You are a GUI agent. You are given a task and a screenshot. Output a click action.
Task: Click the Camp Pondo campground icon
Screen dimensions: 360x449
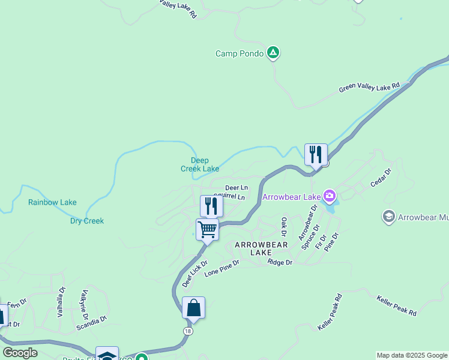click(x=273, y=53)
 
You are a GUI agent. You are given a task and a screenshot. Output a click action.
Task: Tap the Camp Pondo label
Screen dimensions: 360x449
click(x=240, y=53)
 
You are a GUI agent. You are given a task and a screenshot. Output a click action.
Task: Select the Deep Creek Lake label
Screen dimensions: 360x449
click(x=200, y=164)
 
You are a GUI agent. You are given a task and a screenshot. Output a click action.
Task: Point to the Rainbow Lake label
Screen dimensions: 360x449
click(x=52, y=202)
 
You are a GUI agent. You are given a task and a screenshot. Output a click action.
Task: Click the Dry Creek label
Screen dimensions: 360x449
click(x=86, y=221)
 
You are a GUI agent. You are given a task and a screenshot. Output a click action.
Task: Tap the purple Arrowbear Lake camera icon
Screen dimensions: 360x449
click(x=329, y=196)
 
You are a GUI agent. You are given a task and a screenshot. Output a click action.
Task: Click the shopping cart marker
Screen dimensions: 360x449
click(x=207, y=229)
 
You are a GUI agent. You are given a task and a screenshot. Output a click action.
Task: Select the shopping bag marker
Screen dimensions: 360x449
click(x=193, y=308)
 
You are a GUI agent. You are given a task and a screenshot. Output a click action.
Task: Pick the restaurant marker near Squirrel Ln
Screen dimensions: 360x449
click(x=211, y=206)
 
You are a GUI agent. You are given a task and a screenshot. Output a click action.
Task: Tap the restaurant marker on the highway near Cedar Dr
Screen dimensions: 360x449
click(x=316, y=155)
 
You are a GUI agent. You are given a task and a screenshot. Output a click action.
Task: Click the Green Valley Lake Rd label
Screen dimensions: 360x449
click(x=369, y=88)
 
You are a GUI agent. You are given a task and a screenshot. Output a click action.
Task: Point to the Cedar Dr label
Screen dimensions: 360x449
click(x=381, y=178)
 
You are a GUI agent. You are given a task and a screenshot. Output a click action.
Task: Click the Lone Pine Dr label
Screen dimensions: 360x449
click(x=221, y=267)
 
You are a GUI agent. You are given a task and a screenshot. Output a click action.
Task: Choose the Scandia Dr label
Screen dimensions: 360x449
click(x=91, y=325)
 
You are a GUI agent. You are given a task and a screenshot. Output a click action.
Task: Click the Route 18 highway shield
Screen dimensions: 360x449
click(x=188, y=331)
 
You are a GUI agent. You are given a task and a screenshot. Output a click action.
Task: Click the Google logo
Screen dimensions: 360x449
click(x=20, y=353)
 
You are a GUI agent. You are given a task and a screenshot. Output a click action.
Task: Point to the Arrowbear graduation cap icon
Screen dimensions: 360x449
click(x=388, y=216)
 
